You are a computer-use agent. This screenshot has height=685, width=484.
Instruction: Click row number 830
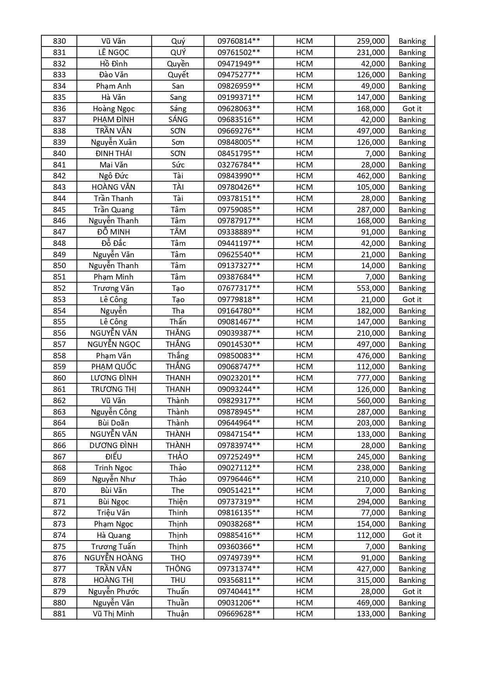point(59,41)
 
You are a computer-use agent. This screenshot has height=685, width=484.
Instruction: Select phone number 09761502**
point(239,52)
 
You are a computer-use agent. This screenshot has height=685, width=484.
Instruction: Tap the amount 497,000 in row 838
point(371,131)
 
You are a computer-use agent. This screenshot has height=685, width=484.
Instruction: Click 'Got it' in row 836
point(412,109)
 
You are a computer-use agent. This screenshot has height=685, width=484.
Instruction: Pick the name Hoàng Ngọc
point(113,109)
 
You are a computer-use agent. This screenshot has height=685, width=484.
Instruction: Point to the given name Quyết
point(178,75)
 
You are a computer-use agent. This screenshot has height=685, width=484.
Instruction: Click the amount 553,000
point(371,288)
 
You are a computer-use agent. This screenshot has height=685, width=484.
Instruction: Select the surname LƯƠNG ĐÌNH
point(113,378)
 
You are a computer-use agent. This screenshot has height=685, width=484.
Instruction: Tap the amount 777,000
point(371,378)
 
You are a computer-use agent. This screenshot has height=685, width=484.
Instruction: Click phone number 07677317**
point(239,288)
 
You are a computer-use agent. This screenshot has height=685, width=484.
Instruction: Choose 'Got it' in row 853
point(412,299)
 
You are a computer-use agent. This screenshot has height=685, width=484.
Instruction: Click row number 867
point(59,457)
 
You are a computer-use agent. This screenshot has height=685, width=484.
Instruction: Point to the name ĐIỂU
point(113,457)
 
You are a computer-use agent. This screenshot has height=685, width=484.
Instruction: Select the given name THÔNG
point(178,569)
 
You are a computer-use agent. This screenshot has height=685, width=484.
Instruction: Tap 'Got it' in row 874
point(412,535)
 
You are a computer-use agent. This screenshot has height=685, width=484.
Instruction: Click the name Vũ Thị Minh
point(113,614)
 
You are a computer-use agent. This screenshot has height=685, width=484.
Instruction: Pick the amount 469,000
point(371,603)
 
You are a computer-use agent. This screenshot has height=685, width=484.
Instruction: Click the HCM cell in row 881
point(304,614)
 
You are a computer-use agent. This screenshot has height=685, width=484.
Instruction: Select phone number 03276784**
point(239,165)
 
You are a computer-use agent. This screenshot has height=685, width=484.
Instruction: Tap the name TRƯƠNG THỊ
point(113,389)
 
